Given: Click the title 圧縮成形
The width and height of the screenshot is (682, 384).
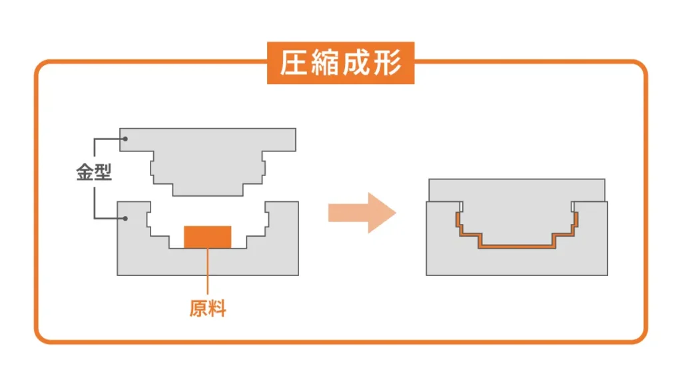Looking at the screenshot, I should tap(340, 64).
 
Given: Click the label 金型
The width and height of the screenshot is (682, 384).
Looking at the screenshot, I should tap(93, 175).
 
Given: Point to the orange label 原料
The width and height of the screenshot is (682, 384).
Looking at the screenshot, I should tap(208, 309).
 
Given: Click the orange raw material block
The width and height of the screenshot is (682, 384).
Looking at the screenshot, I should tap(208, 237).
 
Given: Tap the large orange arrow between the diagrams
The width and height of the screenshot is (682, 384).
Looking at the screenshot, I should tap(361, 213).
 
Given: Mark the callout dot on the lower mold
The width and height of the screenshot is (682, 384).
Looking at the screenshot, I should tap(125, 217).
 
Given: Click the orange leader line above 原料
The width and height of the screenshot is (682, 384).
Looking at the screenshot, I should tap(208, 273).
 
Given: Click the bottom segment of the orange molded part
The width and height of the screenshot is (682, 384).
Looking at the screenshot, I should tap(516, 247).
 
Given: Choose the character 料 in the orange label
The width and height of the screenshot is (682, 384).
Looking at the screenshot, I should tap(217, 309).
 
